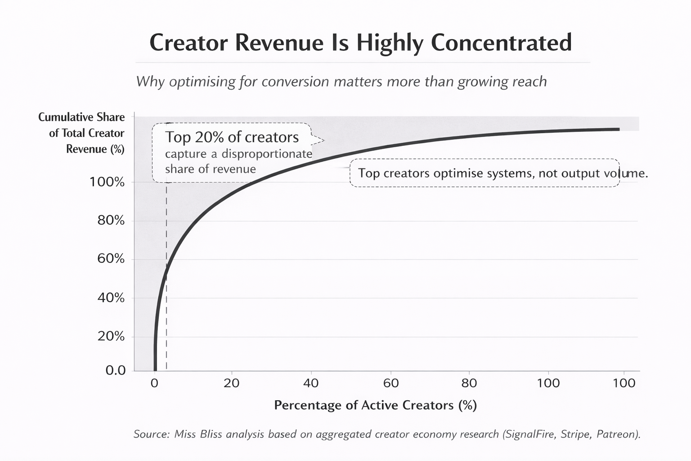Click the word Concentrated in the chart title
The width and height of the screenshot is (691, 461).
coord(501,43)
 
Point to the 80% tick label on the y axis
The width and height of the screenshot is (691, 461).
coord(111,220)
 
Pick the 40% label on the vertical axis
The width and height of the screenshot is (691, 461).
coord(111,298)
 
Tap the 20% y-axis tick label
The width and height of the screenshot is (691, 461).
coord(111,336)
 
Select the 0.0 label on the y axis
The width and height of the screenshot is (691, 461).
coord(116,371)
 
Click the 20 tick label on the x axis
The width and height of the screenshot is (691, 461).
coord(232,383)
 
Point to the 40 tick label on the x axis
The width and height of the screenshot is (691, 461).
coord(311,383)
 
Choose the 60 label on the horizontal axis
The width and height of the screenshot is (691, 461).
coord(391,383)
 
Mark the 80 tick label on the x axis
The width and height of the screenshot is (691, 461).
coord(469,383)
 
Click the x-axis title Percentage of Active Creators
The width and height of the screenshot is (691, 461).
coord(375,405)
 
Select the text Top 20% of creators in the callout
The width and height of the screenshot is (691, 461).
coord(232,137)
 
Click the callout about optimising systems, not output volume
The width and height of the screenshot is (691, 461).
coord(485,173)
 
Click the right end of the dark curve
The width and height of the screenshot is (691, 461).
coord(619,129)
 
